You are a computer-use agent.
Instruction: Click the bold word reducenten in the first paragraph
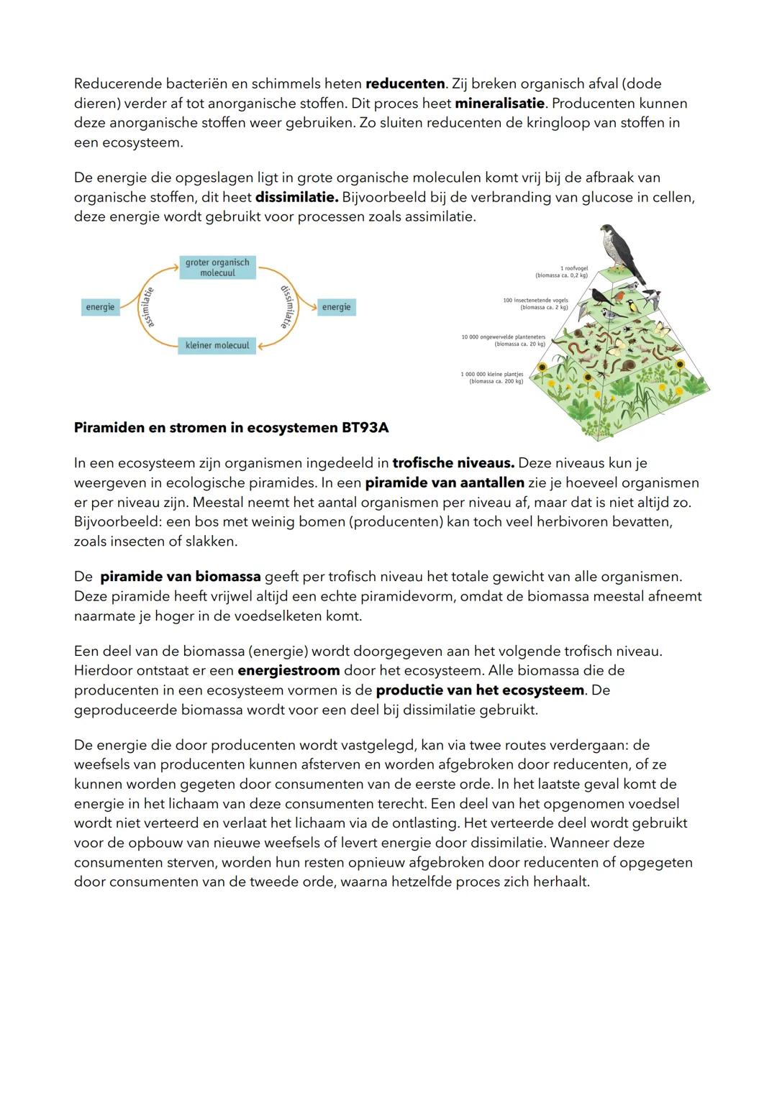click(x=405, y=83)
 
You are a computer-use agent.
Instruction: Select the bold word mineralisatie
click(x=499, y=104)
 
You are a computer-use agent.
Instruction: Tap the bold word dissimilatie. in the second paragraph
click(x=296, y=197)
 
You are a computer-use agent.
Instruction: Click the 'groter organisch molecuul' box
click(x=217, y=267)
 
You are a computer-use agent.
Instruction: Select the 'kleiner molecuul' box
click(x=217, y=345)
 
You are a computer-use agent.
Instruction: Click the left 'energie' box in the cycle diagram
click(x=100, y=307)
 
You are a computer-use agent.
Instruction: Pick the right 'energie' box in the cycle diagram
click(x=336, y=307)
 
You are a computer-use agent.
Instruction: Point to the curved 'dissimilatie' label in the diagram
click(x=288, y=307)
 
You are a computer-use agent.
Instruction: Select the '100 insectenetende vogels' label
click(x=536, y=303)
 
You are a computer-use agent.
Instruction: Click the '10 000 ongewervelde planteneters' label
click(x=504, y=340)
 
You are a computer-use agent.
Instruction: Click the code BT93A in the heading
click(x=364, y=428)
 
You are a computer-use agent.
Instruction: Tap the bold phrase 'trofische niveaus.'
click(x=453, y=463)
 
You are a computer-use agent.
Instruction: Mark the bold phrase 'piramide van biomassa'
click(x=180, y=577)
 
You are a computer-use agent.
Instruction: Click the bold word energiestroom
click(x=288, y=671)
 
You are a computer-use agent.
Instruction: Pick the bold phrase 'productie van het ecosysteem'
click(x=480, y=690)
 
